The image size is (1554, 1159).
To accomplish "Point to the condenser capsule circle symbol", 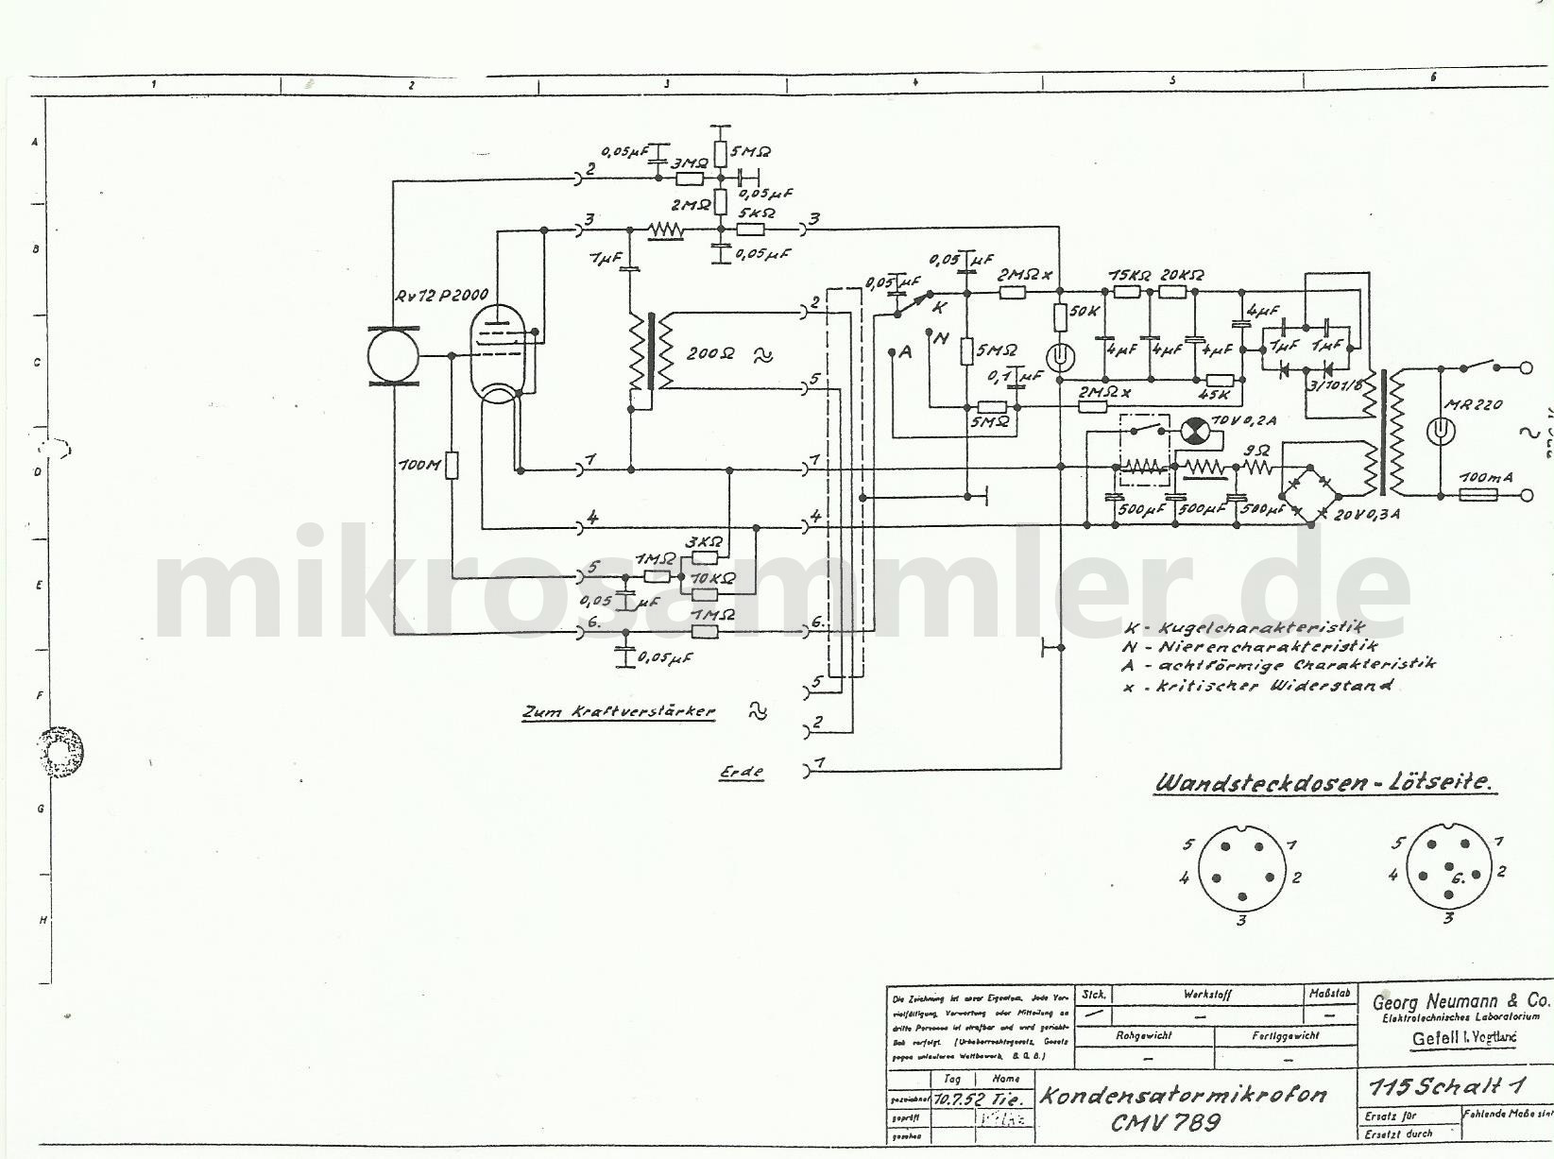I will [393, 356].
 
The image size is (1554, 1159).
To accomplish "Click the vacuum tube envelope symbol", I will [500, 345].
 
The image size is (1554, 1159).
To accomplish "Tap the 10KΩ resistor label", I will [707, 577].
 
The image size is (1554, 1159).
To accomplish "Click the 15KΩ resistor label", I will [1130, 275].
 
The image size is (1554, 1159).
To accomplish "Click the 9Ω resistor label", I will [1256, 451].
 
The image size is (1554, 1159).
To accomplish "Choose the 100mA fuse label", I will [1487, 478].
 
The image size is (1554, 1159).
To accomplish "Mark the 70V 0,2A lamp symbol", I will [1193, 431].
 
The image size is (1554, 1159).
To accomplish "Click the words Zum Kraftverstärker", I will [618, 712].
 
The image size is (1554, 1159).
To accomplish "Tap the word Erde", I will [741, 772].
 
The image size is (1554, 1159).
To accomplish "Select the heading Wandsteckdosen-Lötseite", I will [1325, 783].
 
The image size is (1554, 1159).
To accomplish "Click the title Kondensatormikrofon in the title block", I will [1183, 1095].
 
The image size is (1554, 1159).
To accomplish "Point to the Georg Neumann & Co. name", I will [1460, 1000].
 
